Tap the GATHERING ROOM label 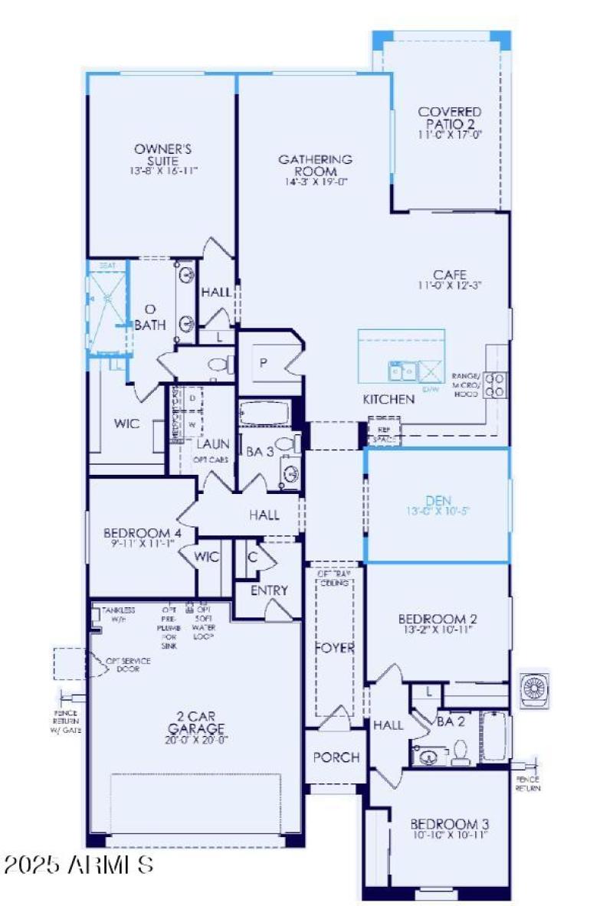click(315, 165)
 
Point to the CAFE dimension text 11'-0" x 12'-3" click(450, 286)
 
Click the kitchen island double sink click(402, 371)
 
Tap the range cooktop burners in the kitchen click(496, 384)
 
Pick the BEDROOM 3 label click(449, 824)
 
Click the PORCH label click(336, 757)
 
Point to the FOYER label click(335, 648)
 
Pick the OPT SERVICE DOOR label click(129, 664)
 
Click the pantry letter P click(263, 363)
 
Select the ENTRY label click(269, 590)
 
